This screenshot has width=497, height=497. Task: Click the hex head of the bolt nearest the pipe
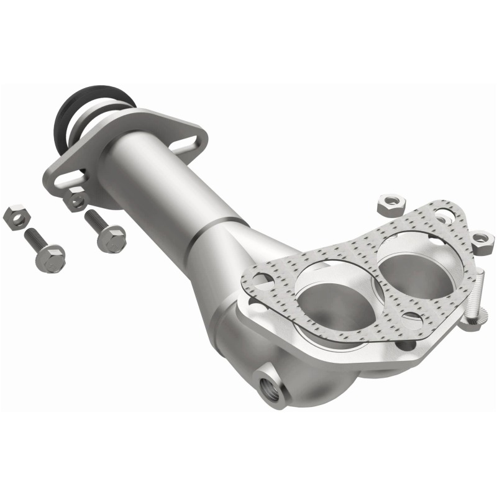[112, 238]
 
